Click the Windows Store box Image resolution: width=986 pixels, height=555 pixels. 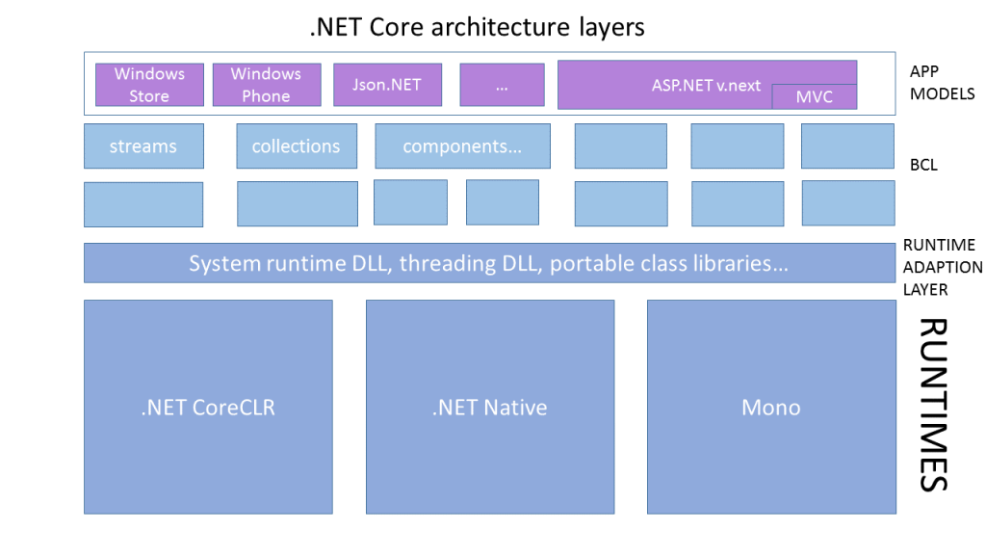149,85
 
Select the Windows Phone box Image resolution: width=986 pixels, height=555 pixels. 267,85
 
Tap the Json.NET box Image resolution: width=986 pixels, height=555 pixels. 387,85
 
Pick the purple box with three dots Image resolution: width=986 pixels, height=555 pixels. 502,85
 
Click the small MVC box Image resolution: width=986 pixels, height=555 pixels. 815,97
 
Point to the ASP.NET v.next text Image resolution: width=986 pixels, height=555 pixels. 706,86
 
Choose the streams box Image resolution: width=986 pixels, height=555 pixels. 144,146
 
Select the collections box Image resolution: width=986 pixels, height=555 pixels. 297,146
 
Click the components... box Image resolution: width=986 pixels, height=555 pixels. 463,146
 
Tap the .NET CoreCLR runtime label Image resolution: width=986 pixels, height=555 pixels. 208,408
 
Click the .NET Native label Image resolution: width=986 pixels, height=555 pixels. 490,408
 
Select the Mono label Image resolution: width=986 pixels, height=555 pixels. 771,408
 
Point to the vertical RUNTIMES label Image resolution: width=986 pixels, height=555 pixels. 933,405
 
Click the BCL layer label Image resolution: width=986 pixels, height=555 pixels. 923,165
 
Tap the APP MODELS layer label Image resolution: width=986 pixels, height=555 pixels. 942,83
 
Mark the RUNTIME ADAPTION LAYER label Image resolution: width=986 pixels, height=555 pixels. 943,267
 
